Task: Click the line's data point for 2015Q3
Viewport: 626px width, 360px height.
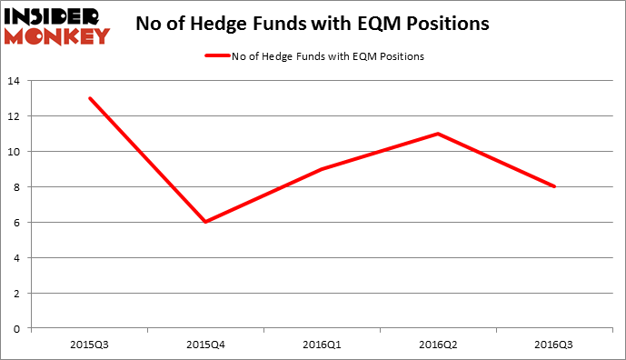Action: pyautogui.click(x=89, y=98)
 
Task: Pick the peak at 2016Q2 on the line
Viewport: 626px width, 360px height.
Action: pyautogui.click(x=439, y=134)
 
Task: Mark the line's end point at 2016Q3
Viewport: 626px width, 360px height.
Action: pyautogui.click(x=555, y=186)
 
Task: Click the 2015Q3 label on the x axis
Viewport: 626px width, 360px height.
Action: pyautogui.click(x=89, y=345)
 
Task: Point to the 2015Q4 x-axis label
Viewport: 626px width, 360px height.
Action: pyautogui.click(x=205, y=345)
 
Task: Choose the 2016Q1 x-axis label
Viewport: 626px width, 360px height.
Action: pyautogui.click(x=323, y=345)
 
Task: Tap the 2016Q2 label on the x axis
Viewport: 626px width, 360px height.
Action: pyautogui.click(x=439, y=345)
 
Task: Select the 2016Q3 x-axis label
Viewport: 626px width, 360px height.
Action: pyautogui.click(x=555, y=345)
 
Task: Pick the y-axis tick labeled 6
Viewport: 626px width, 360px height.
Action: pyautogui.click(x=15, y=223)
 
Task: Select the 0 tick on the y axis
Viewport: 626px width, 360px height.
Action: pyautogui.click(x=15, y=328)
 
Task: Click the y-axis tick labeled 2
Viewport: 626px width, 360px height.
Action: pyautogui.click(x=15, y=293)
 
